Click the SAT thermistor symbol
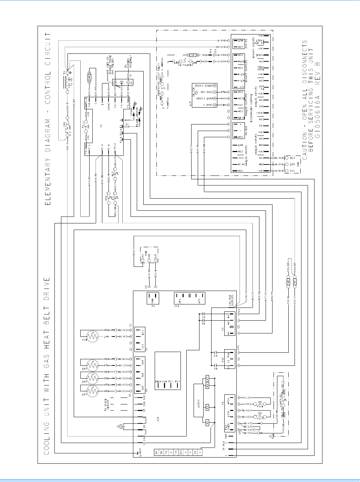pos(92,391)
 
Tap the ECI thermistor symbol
pos(92,337)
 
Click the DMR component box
pos(89,79)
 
